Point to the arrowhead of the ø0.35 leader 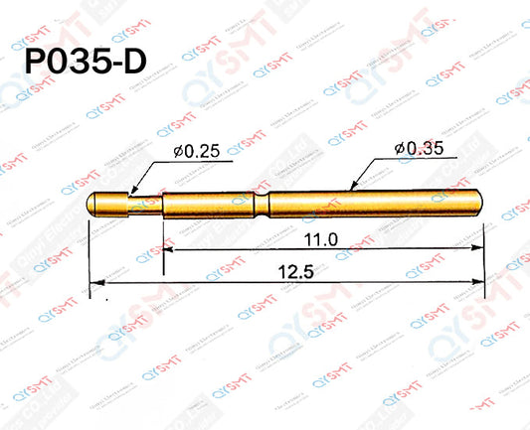point(355,186)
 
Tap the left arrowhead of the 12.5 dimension point(95,284)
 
